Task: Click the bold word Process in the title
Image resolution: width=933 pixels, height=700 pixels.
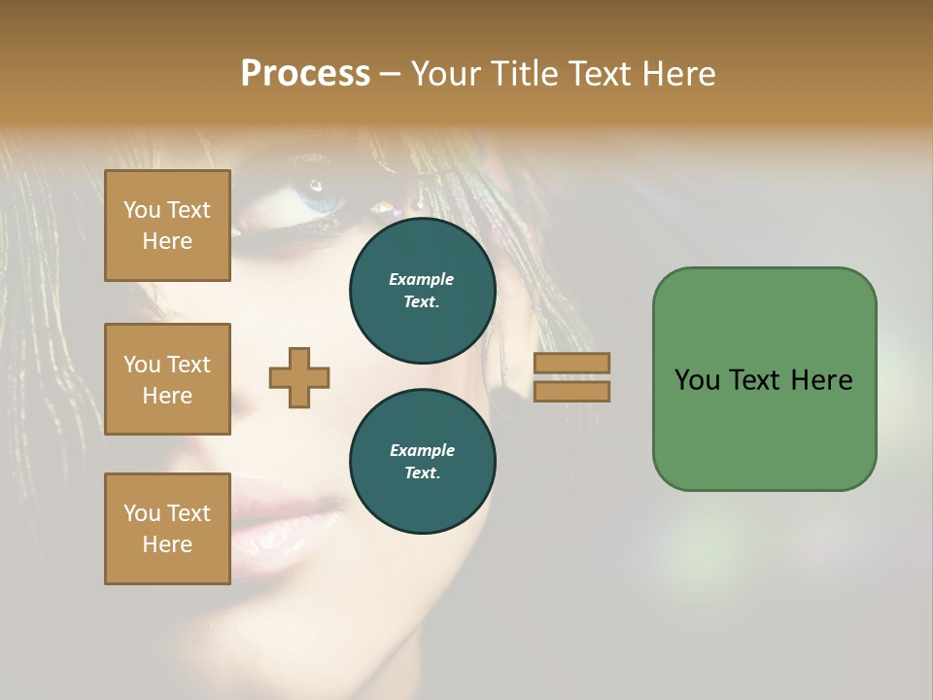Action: point(305,74)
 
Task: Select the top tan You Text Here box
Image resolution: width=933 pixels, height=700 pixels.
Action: point(167,226)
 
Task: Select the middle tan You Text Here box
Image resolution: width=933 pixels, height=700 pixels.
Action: point(167,379)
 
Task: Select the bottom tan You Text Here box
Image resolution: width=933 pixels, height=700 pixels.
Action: point(167,529)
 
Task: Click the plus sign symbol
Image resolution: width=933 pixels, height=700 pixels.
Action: point(299,377)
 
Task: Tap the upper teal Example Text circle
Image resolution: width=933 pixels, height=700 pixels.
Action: point(422,291)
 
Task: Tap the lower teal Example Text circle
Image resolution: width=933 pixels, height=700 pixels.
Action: point(422,462)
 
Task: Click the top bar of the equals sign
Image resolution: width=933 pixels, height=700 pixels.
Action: point(571,363)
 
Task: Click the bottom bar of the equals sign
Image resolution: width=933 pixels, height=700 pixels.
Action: point(571,391)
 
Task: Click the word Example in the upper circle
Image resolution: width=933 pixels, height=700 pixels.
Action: point(422,279)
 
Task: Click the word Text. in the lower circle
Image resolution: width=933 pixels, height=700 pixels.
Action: point(422,473)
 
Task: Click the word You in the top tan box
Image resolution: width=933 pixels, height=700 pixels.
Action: point(142,210)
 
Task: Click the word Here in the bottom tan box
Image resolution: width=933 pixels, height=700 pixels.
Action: point(167,544)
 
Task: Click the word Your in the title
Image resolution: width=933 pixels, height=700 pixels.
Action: point(445,74)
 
